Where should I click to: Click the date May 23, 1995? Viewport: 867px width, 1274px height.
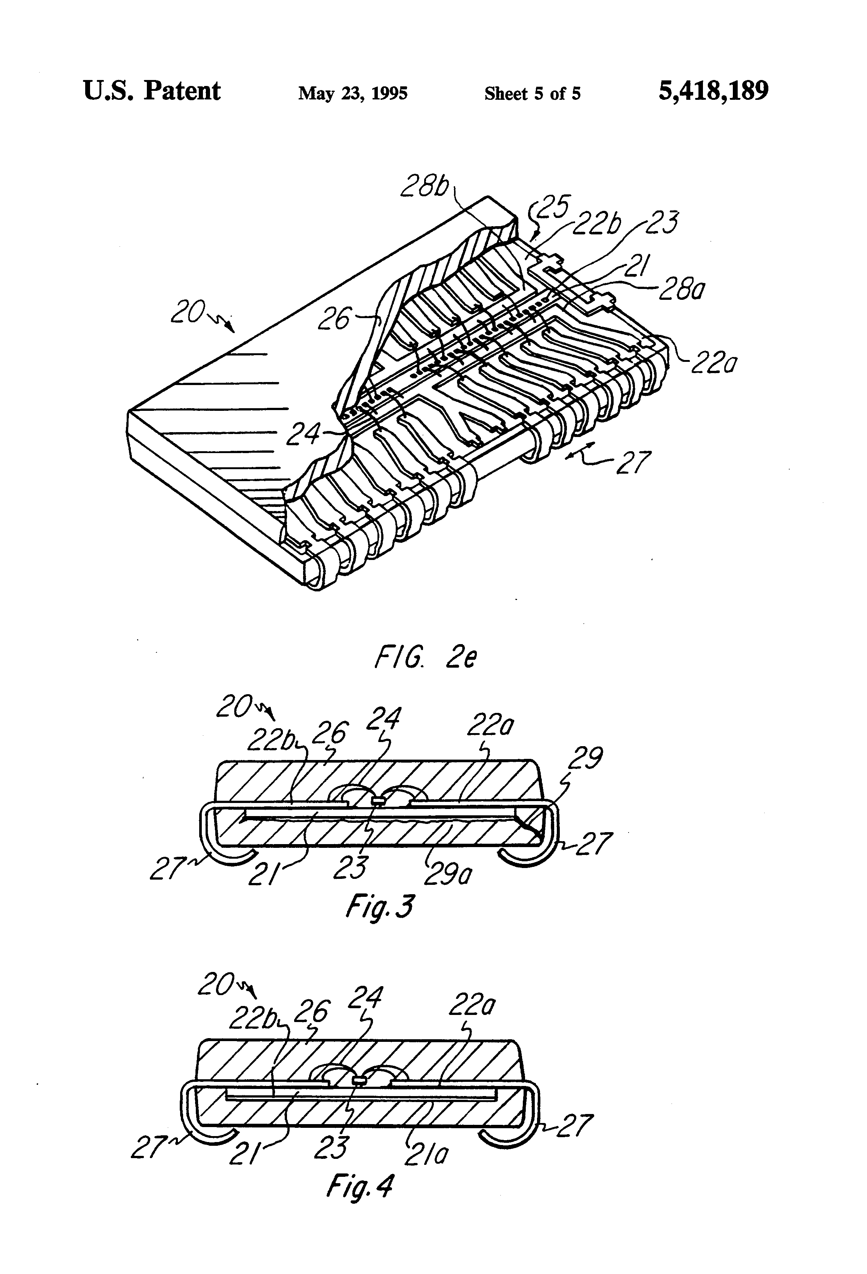(x=352, y=94)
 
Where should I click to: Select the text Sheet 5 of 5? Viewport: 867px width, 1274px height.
(x=532, y=94)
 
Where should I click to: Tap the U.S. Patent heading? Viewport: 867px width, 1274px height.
(x=152, y=91)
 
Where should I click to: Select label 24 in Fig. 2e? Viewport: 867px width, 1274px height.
(x=303, y=435)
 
